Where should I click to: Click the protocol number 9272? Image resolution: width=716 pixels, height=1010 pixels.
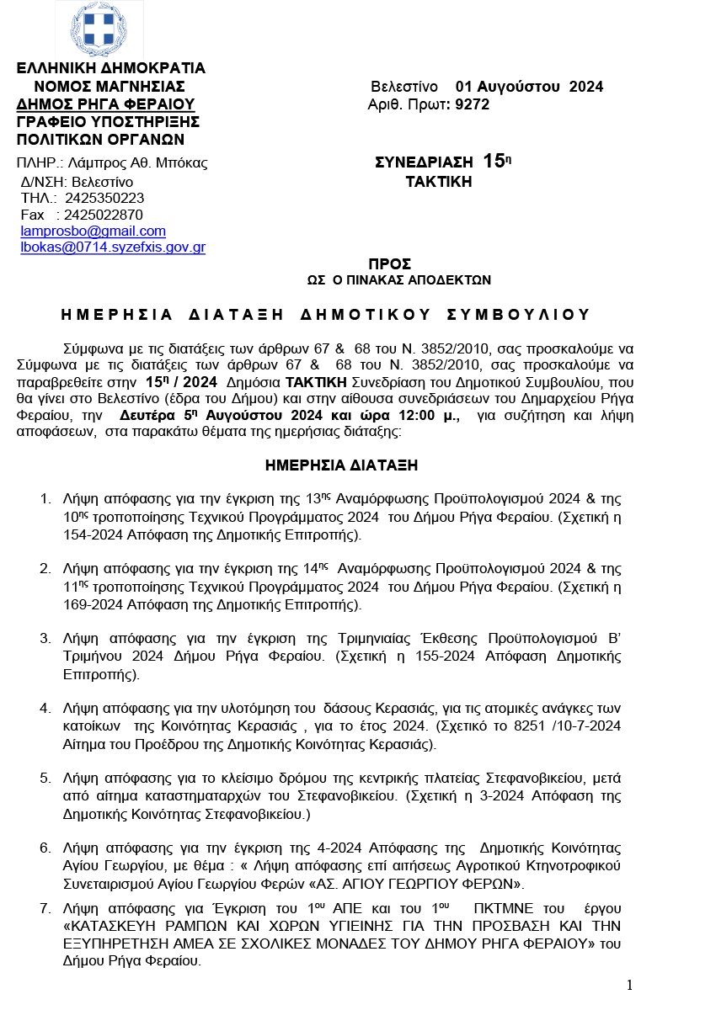(472, 104)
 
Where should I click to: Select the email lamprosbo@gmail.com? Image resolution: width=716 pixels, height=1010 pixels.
(93, 231)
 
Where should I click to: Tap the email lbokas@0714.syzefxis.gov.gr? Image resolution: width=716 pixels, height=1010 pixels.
(113, 247)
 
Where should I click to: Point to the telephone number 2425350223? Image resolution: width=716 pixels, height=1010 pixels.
(104, 198)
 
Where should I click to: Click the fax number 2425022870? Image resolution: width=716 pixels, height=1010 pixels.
(104, 215)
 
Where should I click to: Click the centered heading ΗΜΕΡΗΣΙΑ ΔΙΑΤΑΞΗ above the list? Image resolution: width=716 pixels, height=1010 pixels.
(341, 465)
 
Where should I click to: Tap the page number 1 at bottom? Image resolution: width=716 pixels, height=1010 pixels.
(629, 986)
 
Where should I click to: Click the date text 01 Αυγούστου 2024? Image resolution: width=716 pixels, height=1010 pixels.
(529, 87)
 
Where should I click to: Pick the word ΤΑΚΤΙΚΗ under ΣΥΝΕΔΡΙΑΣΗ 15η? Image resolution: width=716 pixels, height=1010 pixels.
(438, 181)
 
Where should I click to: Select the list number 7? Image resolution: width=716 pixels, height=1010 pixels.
(45, 908)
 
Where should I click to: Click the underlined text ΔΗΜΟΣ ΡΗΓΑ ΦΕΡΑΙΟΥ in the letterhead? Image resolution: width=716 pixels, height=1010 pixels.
(106, 104)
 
